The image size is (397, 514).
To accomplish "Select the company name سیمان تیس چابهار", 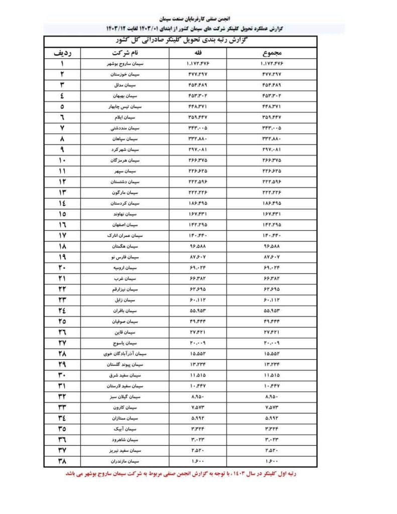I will [x=123, y=107].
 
